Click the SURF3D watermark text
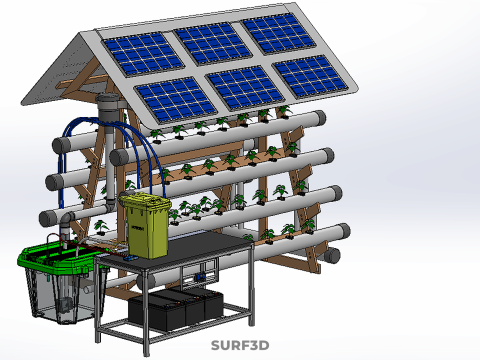(240, 345)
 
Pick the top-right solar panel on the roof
(279, 34)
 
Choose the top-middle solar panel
(213, 43)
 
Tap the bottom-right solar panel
(311, 76)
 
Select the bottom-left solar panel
(176, 99)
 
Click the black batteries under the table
(176, 309)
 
